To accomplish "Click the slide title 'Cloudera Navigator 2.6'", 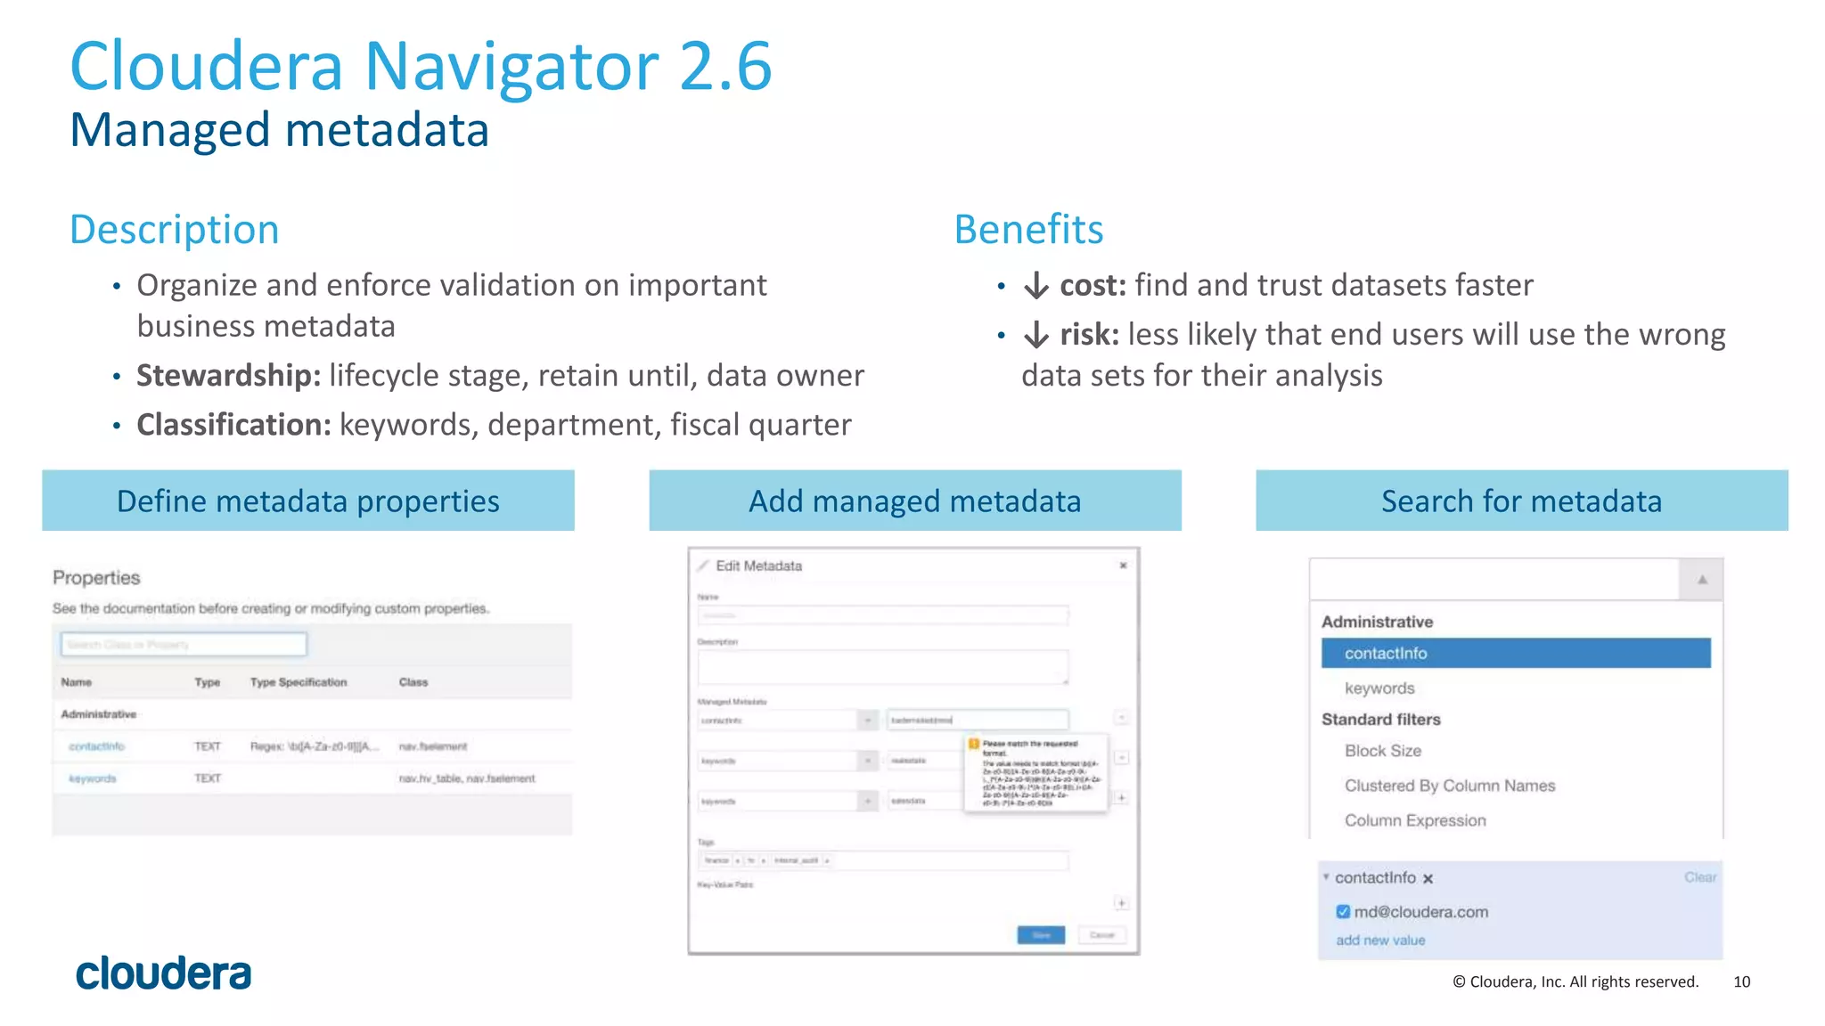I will click(421, 66).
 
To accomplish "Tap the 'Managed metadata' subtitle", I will click(279, 130).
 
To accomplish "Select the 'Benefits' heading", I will click(1028, 230).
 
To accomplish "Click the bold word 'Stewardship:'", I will click(228, 376).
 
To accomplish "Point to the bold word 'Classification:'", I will click(233, 425).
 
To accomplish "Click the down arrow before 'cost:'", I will click(1035, 286).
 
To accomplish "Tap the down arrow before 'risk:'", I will click(1035, 335).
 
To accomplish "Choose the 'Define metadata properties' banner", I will click(308, 501).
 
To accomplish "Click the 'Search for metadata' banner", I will click(1521, 501).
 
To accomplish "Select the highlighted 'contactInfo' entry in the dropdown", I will click(1515, 653).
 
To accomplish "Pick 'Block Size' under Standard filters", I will click(1383, 751).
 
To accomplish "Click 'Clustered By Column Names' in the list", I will click(1450, 786).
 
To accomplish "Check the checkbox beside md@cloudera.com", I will click(1343, 911).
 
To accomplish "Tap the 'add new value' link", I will click(1380, 940).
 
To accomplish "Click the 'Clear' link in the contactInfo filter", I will click(1699, 877).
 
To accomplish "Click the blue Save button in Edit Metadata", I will click(1041, 934).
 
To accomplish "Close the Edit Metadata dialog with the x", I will click(1123, 566).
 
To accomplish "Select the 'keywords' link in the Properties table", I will click(93, 778).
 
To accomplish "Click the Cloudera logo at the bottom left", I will click(164, 973).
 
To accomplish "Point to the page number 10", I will click(1741, 981).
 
